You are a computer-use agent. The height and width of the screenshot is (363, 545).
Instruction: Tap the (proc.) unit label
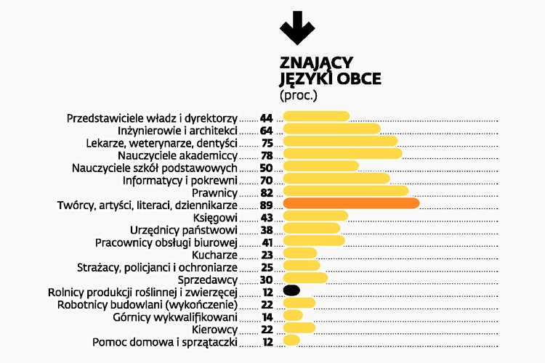pos(299,94)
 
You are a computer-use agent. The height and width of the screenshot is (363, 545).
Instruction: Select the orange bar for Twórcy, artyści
pos(351,204)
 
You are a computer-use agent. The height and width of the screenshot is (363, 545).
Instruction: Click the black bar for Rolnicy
pos(291,290)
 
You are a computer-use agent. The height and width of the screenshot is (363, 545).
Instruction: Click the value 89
pos(266,205)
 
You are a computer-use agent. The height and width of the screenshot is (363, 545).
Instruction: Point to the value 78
pos(266,155)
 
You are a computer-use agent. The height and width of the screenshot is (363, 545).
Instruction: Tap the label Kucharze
pos(215,254)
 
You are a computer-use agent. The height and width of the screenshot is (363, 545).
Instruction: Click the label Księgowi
pos(216,217)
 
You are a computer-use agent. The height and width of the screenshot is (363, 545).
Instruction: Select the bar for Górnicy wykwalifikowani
pos(293,315)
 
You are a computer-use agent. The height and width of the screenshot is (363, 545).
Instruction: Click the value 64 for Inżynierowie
pos(266,130)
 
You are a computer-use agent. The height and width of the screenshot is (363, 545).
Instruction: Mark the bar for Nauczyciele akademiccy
pos(342,154)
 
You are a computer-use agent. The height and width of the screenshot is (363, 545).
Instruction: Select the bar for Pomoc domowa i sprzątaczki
pos(291,340)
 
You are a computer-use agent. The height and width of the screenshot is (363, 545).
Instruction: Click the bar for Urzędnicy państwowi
pos(311,229)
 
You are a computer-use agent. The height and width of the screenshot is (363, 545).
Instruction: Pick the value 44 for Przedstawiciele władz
pos(266,118)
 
